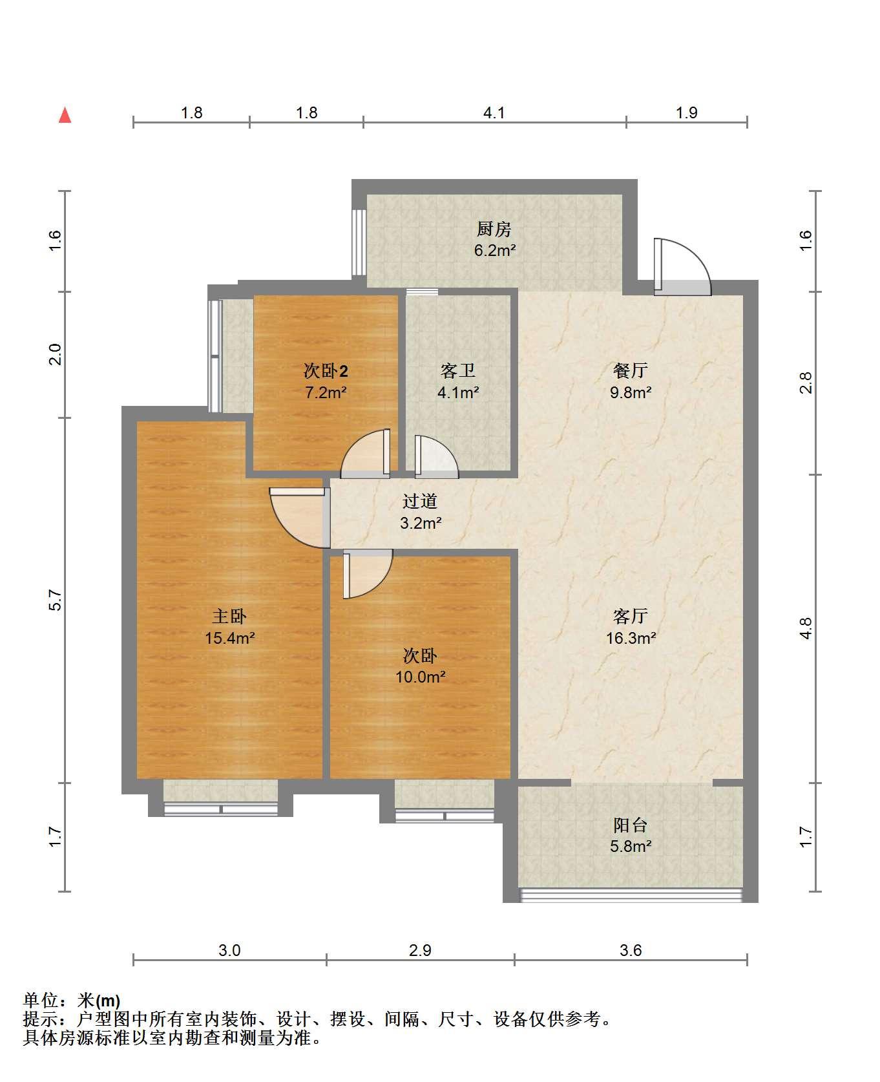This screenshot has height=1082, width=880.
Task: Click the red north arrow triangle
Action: pos(65,115)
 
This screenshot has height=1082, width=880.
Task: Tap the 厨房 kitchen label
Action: pos(494,229)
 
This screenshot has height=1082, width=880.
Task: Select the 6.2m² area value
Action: pos(495,250)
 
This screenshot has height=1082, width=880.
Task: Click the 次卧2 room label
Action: pos(326,371)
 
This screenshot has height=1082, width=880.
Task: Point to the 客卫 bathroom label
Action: pos(458,371)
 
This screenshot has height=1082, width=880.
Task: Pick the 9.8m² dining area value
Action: pos(631,392)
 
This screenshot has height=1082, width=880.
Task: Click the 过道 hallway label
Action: pos(420,501)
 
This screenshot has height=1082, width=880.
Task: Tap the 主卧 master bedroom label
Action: pos(230,616)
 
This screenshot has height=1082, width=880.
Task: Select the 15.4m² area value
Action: pos(230,638)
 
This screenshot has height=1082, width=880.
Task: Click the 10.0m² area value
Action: pos(421,677)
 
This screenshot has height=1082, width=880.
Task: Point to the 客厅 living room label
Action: pos(631,616)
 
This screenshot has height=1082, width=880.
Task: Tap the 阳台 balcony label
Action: pos(631,825)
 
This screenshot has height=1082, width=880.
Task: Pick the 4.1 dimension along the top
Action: pos(494,112)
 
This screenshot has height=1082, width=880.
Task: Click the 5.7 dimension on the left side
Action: pos(56,600)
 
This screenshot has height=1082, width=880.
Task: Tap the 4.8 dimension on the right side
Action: pos(806,628)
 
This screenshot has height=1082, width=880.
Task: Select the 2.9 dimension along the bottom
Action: pos(420,950)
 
